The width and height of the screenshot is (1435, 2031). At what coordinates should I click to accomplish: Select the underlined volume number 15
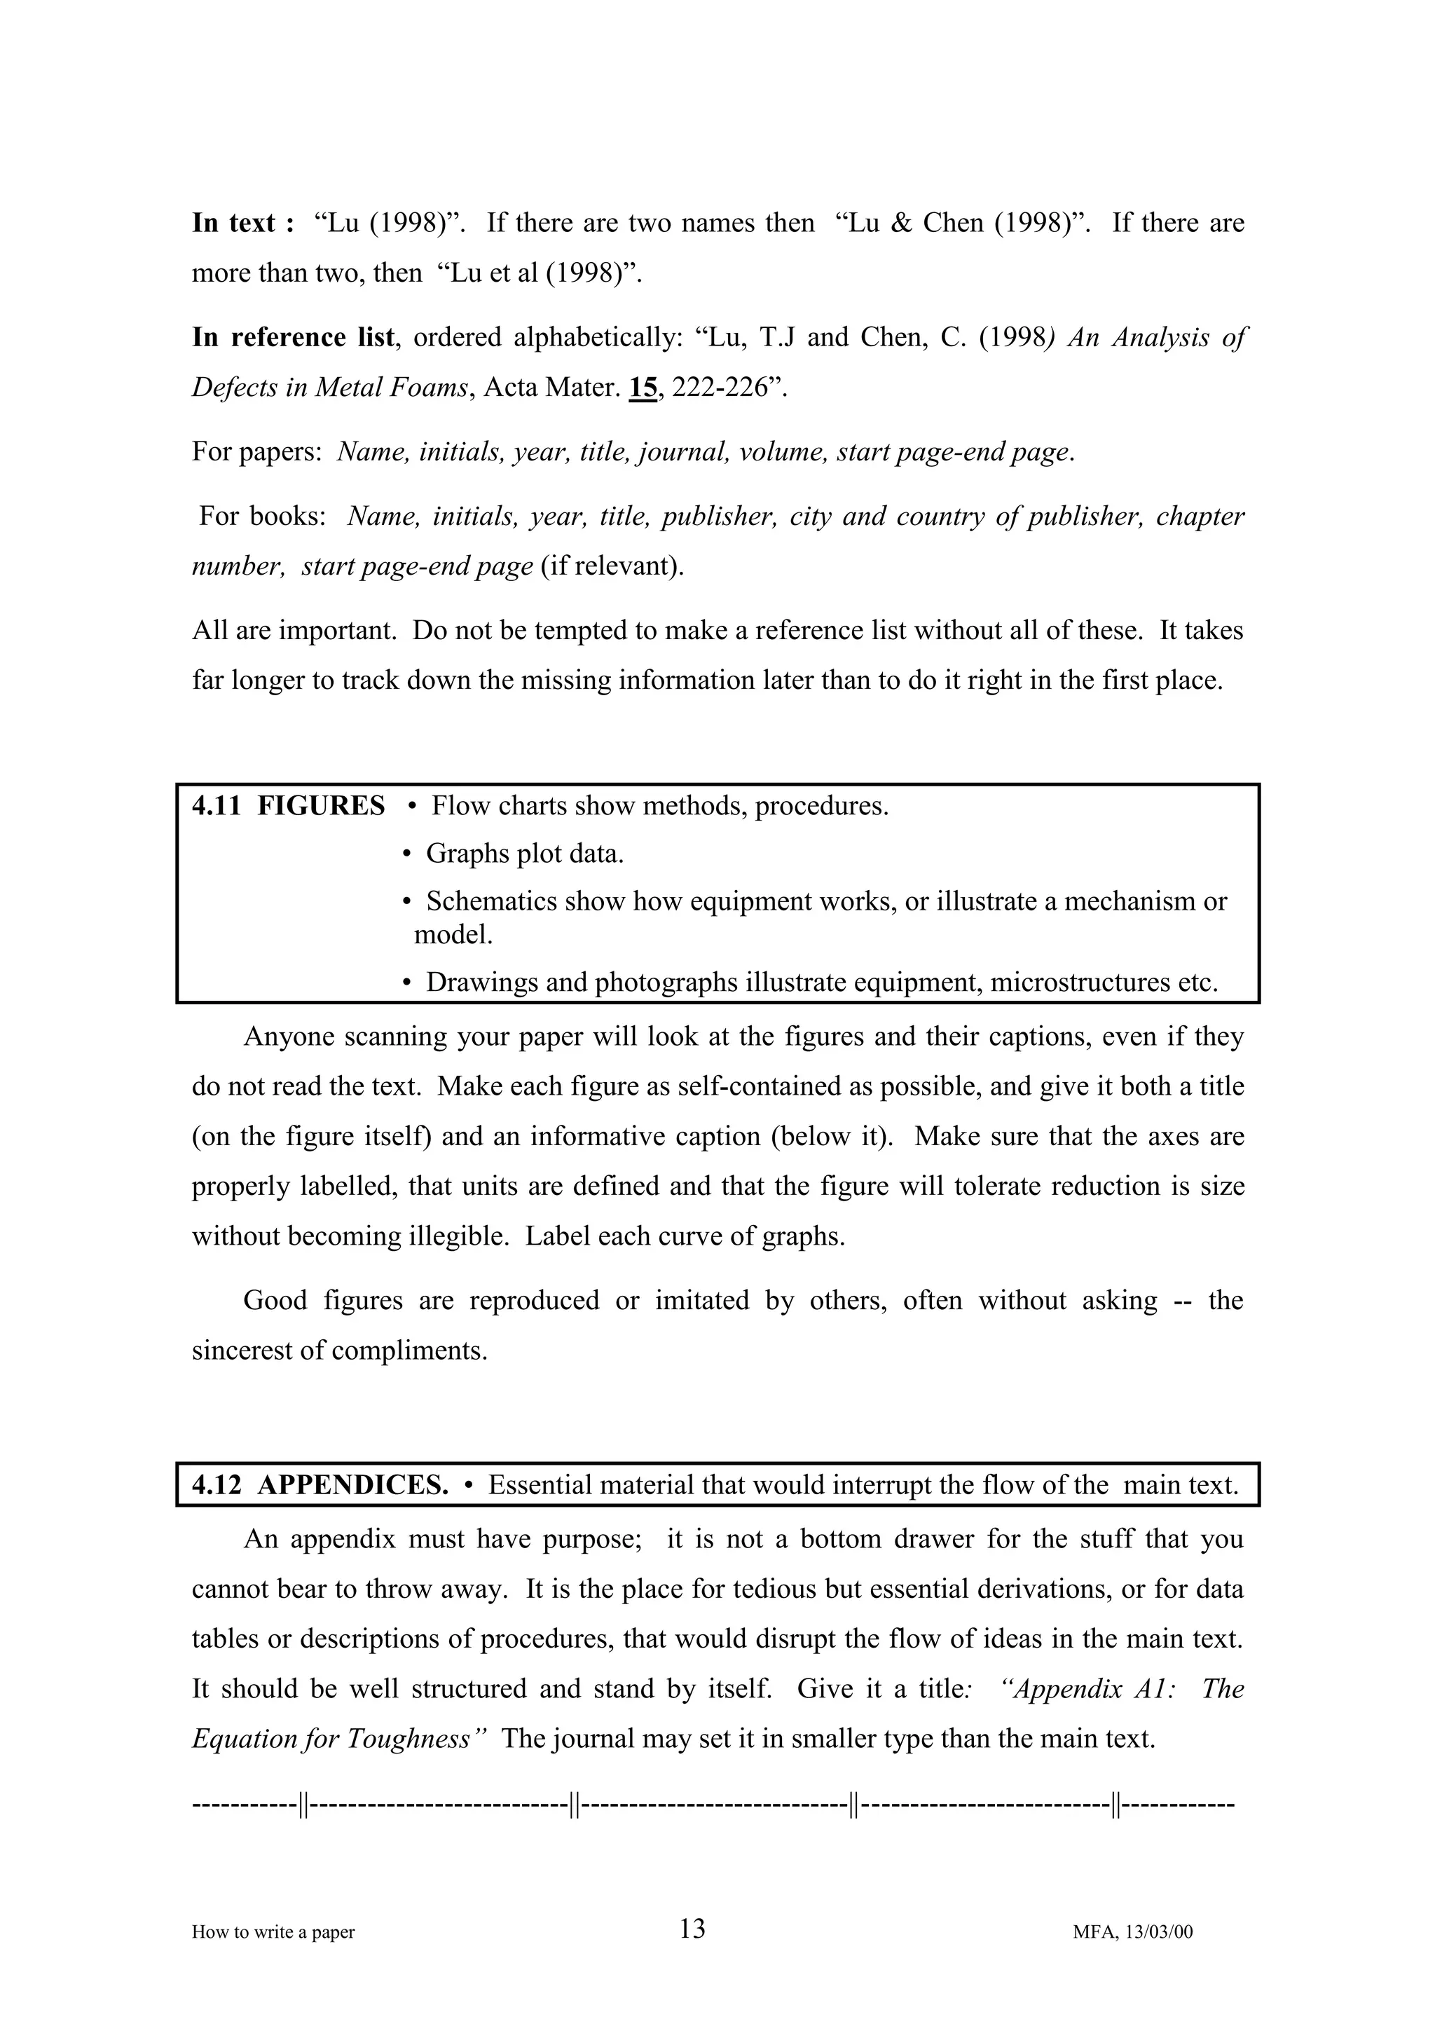tap(643, 388)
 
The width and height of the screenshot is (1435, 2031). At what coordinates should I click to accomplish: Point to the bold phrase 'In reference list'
tap(294, 338)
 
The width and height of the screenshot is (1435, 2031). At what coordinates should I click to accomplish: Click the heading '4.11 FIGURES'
tap(288, 806)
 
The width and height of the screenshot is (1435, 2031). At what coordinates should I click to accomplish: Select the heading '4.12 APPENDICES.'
tap(320, 1485)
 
